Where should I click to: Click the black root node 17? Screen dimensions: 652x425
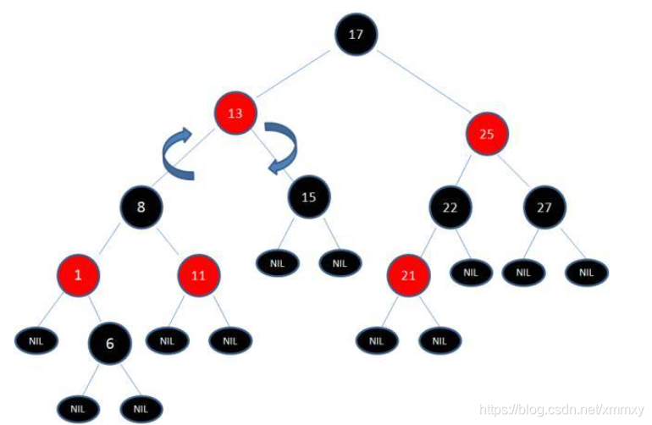[x=355, y=36]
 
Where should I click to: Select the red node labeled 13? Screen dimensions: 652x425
[x=236, y=114]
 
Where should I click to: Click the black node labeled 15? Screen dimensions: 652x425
[x=308, y=197]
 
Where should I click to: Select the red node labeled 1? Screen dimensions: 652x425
[x=78, y=275]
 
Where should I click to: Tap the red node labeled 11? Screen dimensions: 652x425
[x=198, y=275]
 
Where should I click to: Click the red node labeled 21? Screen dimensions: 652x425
[x=408, y=275]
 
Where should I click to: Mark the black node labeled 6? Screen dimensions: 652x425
[x=110, y=343]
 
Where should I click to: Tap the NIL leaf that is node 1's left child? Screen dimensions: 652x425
[x=36, y=341]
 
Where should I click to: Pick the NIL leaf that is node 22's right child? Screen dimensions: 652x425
[x=470, y=272]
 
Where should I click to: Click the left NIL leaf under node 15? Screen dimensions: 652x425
[x=279, y=262]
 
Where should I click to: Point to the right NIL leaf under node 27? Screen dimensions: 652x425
[x=586, y=272]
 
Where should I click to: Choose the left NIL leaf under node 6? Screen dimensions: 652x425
[x=79, y=408]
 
